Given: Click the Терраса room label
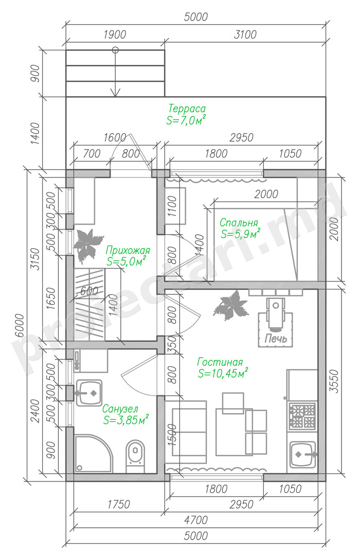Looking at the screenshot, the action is click(x=187, y=108).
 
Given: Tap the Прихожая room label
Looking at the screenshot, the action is click(x=128, y=251).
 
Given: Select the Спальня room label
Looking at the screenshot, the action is click(x=239, y=223).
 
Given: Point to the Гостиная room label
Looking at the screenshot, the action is click(x=220, y=362).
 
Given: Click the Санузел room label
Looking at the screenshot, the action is click(x=120, y=409).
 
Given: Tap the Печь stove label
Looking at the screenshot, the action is click(x=276, y=338).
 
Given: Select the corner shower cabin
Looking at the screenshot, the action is click(x=93, y=453).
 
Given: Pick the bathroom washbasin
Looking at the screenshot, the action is click(x=88, y=393).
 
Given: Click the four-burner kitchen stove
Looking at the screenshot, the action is click(x=302, y=416).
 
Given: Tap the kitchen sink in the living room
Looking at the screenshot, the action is click(x=303, y=454).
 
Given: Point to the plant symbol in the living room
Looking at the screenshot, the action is click(x=230, y=305).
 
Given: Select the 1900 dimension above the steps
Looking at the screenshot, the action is click(x=115, y=34).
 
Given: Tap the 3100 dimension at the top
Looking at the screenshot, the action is click(x=245, y=34).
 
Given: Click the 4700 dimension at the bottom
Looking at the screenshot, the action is click(x=196, y=520).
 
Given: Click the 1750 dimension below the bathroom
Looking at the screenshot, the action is click(x=119, y=504).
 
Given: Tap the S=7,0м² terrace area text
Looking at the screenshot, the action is click(x=186, y=120).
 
